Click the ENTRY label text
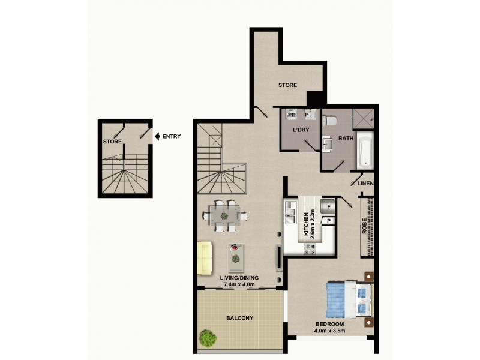pos(171,136)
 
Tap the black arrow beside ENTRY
pos(157,136)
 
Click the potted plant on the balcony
pos(208,338)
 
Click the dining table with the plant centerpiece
pos(224,215)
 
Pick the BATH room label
pos(346,139)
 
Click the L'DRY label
pos(300,131)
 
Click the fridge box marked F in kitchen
pos(329,208)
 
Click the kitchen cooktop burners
pos(312,248)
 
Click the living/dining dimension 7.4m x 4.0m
pos(239,284)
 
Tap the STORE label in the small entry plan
pos(112,142)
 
